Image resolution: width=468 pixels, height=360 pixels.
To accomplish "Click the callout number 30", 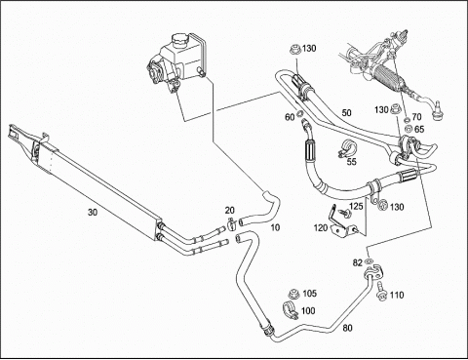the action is point(93,213).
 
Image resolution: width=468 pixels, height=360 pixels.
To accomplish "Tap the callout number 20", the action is point(229,211).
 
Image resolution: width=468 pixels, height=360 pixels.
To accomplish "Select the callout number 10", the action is point(275,227).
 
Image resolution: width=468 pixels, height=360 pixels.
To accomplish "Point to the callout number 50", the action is point(346,112).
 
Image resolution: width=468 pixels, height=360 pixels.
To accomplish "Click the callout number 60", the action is point(290,117).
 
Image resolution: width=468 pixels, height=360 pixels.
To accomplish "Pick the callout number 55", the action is point(351,161).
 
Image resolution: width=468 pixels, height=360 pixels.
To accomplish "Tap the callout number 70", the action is point(416,116).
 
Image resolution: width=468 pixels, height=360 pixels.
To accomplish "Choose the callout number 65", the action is point(419,129).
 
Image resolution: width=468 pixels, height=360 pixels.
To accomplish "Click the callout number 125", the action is point(356,206).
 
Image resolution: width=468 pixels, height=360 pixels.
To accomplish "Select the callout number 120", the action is point(321,228).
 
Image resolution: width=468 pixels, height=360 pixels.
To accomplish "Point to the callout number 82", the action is point(358,262).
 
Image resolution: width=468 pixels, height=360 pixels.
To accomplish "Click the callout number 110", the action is point(397,295).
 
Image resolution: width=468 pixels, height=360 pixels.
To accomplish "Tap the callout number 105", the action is point(309,294).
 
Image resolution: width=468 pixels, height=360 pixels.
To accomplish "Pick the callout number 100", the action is point(308,311).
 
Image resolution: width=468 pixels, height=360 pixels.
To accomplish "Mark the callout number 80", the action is point(347,328).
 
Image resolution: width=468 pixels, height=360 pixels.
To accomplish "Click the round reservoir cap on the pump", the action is point(178,39).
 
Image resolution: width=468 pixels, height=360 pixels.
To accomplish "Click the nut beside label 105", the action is point(293,294).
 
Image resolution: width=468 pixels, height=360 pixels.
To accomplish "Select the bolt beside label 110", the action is point(381,291).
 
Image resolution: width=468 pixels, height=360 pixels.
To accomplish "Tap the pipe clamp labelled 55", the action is point(346,148).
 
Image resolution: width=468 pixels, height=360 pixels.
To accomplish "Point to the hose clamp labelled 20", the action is point(231,223).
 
